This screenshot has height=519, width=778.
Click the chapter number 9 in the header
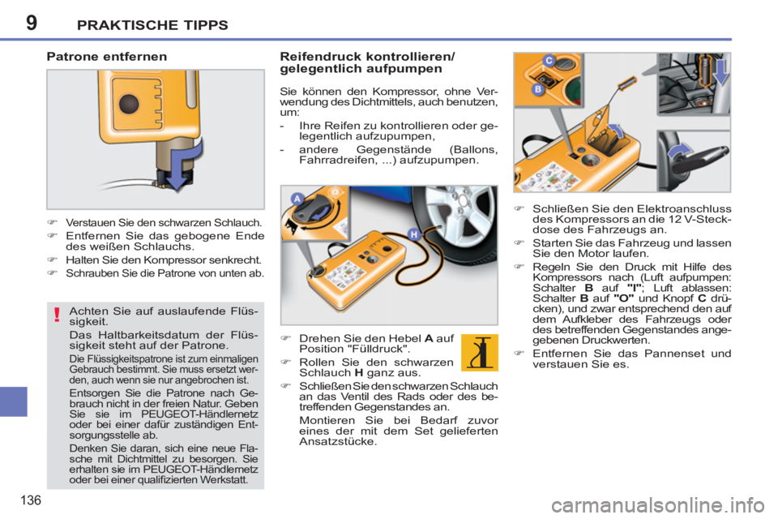click(32, 23)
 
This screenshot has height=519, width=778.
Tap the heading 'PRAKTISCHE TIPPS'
click(152, 25)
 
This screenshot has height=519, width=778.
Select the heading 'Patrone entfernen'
click(107, 57)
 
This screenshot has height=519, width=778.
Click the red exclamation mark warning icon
click(57, 315)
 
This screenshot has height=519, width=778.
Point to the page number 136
click(31, 500)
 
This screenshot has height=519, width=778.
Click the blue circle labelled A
click(297, 199)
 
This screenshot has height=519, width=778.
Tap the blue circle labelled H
click(413, 234)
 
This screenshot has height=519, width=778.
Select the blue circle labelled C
click(549, 61)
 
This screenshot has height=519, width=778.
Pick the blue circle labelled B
click(537, 89)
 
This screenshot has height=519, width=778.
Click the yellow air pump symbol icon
click(479, 353)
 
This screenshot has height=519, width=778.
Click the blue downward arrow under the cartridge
click(184, 164)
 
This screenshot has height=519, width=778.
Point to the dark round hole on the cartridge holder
click(129, 103)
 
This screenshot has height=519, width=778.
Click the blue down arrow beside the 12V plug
click(721, 71)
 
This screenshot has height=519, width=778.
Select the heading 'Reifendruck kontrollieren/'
click(367, 56)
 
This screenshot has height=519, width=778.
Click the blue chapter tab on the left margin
click(14, 401)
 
